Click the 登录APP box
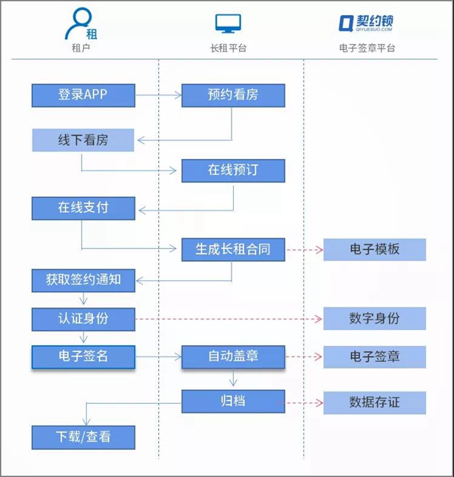(x=83, y=95)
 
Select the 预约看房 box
(x=233, y=95)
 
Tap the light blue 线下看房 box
(x=83, y=140)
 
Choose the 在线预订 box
(x=233, y=170)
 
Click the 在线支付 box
(x=83, y=208)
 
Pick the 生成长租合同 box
(x=233, y=250)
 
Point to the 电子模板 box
(x=375, y=250)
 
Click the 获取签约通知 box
(x=83, y=280)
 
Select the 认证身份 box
(x=83, y=320)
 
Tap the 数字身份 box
(x=375, y=319)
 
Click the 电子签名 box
(x=83, y=357)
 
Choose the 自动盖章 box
(x=233, y=357)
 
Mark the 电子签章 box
(x=375, y=357)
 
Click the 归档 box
(x=233, y=401)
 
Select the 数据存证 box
(x=375, y=403)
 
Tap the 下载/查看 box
(x=83, y=438)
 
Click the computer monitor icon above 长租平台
(x=228, y=23)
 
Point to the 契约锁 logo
(x=365, y=23)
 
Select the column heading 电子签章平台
(x=367, y=48)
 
